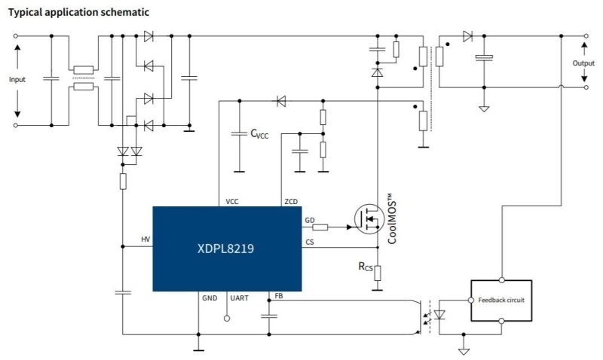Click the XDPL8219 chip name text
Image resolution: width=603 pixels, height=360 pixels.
[x=225, y=249]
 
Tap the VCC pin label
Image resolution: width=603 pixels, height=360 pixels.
[x=232, y=202]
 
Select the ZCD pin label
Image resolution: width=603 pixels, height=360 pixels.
[x=291, y=202]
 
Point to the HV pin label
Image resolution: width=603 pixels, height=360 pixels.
[x=145, y=239]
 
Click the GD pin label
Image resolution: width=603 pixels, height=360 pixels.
[x=310, y=220]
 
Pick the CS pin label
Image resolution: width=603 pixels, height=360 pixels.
[x=310, y=242]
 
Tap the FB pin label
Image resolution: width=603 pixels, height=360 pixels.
[x=279, y=296]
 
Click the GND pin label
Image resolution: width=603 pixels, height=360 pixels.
[x=210, y=298]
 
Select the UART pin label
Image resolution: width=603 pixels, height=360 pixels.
[x=239, y=298]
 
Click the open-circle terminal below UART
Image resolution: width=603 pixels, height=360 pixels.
[x=227, y=319]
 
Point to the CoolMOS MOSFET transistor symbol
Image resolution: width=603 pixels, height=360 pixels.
[x=369, y=219]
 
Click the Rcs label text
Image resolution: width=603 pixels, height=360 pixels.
[x=366, y=267]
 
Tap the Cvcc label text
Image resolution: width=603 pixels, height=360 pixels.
[x=259, y=134]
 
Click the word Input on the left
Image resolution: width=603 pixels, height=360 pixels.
[x=17, y=80]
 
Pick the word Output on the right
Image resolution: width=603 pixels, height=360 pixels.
[x=583, y=63]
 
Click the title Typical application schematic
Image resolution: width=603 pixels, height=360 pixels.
[x=78, y=12]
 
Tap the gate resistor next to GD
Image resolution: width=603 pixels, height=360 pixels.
[x=320, y=227]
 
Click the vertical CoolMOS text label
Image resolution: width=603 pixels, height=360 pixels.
[x=391, y=218]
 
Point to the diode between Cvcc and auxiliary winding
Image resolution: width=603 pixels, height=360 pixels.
[x=281, y=102]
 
